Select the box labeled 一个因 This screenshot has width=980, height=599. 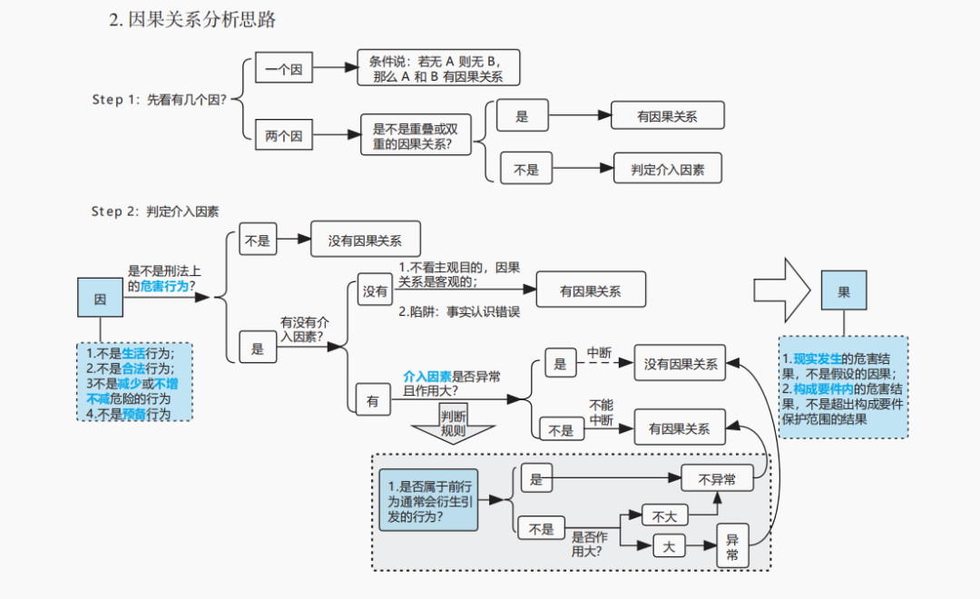click(x=283, y=68)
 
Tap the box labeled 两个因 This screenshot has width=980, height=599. click(x=283, y=137)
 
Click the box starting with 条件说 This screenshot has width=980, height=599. click(x=437, y=68)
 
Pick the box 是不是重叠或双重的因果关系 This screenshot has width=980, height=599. click(x=416, y=136)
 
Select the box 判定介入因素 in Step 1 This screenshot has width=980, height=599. click(x=667, y=169)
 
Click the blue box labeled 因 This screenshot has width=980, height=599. click(x=100, y=298)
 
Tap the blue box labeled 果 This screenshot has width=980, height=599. click(x=843, y=292)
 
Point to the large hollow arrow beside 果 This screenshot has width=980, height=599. click(x=781, y=290)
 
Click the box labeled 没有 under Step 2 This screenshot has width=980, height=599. click(x=375, y=291)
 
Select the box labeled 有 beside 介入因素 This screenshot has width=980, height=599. click(x=373, y=400)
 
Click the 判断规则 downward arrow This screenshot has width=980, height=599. click(x=453, y=423)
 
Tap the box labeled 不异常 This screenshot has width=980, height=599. click(x=717, y=477)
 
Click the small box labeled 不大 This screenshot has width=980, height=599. click(x=664, y=516)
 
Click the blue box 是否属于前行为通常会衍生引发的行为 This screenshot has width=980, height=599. click(x=427, y=500)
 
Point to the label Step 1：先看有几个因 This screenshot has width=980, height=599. click(x=159, y=100)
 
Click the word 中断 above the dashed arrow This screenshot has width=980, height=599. click(x=600, y=352)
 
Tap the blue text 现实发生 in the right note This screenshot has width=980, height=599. click(x=818, y=358)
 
